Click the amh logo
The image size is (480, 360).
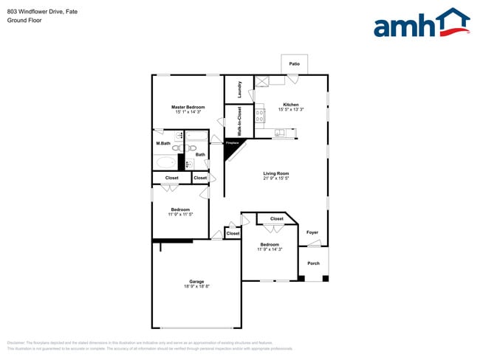coord(421,24)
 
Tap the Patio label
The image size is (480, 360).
coord(294,64)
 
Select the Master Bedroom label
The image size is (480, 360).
coord(188,107)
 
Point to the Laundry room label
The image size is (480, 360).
coord(240,89)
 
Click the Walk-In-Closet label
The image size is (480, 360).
coord(239,121)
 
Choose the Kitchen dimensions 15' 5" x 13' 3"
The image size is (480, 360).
coord(291,110)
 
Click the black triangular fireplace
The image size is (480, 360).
coord(233,149)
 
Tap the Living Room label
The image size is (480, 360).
coord(276,173)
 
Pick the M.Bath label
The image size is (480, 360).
coord(163,142)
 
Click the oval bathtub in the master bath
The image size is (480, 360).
coord(165,162)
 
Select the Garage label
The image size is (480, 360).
coord(196,281)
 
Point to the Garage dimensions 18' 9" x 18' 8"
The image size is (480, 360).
coord(196,286)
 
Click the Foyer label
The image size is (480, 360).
coord(312,232)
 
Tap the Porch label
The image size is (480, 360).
coord(313,263)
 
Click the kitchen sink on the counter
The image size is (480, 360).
coord(279,134)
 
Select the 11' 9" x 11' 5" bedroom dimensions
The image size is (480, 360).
coord(182,215)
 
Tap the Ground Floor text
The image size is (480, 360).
coord(24,20)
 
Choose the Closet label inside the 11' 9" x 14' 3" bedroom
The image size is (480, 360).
coord(276,219)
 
